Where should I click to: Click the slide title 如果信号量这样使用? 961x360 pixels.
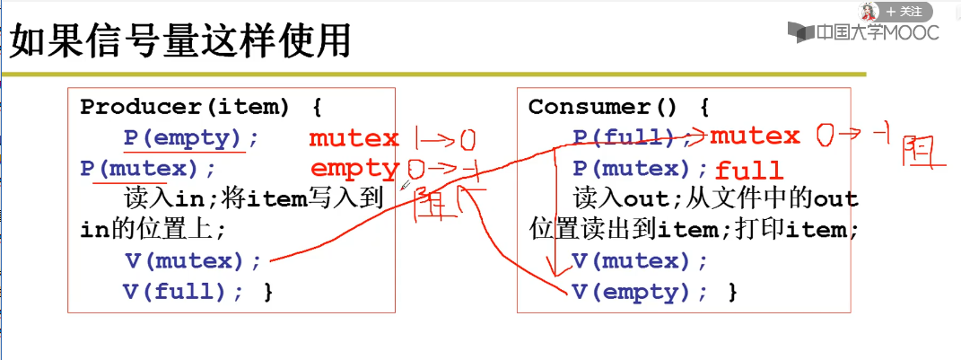click(x=179, y=42)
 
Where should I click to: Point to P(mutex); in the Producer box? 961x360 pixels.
click(x=148, y=169)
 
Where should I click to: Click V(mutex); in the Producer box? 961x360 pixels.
click(x=193, y=261)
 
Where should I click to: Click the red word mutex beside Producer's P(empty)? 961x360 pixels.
click(x=354, y=138)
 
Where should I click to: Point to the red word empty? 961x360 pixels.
click(x=354, y=169)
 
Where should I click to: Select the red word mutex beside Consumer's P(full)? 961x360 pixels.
click(x=755, y=136)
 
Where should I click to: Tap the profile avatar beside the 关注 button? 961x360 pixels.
click(x=869, y=12)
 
